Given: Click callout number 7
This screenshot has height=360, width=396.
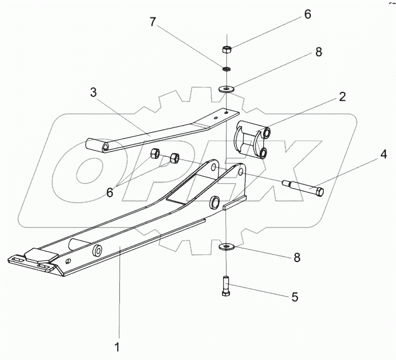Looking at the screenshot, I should click(x=153, y=23).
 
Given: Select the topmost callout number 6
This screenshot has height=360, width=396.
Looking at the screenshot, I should click(x=307, y=15).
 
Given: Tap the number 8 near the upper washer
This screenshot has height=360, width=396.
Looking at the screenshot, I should click(x=318, y=52).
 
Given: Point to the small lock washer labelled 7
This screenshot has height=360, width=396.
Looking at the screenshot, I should click(x=225, y=69).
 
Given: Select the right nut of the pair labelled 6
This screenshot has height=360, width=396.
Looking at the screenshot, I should click(x=175, y=159).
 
